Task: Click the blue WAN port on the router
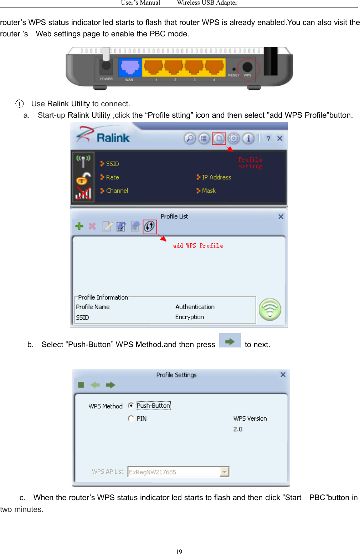click(x=130, y=67)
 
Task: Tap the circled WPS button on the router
click(x=247, y=67)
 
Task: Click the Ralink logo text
click(x=113, y=138)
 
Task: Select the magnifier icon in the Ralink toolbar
click(x=190, y=138)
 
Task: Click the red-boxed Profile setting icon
click(x=219, y=138)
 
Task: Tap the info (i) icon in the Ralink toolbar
click(x=248, y=138)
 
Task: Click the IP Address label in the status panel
click(x=216, y=177)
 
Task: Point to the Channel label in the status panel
click(x=117, y=191)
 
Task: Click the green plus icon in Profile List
click(x=79, y=226)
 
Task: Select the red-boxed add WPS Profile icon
click(x=150, y=227)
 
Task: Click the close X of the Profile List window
click(x=281, y=217)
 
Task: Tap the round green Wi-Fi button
click(x=270, y=309)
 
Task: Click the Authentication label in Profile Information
click(x=195, y=307)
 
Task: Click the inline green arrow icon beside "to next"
click(x=230, y=341)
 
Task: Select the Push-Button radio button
click(x=131, y=406)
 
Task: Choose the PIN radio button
click(x=131, y=418)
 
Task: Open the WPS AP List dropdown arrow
click(x=224, y=472)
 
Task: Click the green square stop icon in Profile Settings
click(x=81, y=385)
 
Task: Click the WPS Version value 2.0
click(x=238, y=429)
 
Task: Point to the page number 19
click(x=179, y=552)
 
